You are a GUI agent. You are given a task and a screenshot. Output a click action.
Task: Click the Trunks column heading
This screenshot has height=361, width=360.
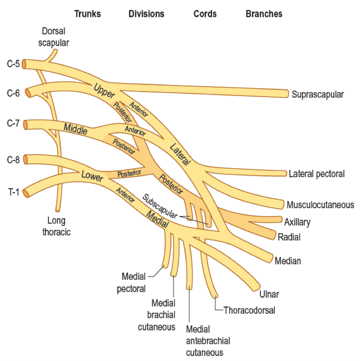coord(87,13)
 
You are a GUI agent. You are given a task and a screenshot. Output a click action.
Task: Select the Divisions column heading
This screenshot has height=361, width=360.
coord(147,13)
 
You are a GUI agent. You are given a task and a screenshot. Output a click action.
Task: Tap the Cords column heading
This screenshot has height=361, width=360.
coord(206,13)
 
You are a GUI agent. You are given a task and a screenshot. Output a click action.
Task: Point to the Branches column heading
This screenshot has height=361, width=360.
coord(264,13)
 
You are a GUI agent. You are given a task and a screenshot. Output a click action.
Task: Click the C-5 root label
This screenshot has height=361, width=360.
coord(13,64)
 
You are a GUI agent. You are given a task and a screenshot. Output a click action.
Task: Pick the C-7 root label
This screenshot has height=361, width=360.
coord(13,123)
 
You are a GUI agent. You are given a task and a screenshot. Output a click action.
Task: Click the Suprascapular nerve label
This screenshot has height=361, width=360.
coord(318,94)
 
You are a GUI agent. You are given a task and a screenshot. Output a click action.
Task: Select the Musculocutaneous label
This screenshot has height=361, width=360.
coord(320,205)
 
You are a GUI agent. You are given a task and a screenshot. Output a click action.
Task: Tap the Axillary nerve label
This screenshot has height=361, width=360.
coord(297,222)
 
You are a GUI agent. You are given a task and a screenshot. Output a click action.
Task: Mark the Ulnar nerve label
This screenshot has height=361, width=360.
coord(269,294)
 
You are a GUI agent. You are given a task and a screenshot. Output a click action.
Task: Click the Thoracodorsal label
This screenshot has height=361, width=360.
coord(249,310)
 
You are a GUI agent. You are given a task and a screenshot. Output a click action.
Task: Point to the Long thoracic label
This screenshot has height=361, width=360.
coord(59,226)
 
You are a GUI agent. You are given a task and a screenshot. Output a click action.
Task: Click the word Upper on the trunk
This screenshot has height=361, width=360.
coord(104,90)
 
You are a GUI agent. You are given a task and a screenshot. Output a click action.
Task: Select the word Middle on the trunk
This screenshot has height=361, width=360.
coord(76,128)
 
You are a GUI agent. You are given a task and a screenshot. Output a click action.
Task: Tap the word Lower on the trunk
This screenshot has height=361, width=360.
coord(92,176)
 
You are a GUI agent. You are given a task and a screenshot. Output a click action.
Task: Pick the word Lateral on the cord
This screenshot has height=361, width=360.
coord(180,154)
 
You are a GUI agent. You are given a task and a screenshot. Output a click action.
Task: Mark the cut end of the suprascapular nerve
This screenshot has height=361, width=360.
coord(287,94)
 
